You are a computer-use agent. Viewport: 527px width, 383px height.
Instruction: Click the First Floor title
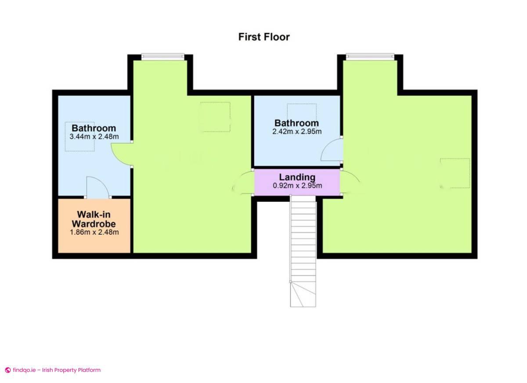point(264,37)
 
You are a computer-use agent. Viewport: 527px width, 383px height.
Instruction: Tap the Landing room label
point(297,177)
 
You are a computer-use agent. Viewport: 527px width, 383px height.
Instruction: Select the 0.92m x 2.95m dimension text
point(297,186)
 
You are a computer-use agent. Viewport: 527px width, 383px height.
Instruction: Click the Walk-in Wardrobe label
point(94,218)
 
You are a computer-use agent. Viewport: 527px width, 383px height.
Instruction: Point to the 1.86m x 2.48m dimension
point(94,232)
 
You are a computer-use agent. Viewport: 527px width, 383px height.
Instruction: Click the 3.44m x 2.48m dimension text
point(94,136)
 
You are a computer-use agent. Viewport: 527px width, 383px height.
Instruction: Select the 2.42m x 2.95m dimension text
point(297,131)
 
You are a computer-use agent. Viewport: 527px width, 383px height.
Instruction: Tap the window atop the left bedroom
point(163,56)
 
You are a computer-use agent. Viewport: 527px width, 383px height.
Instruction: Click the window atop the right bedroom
point(370,56)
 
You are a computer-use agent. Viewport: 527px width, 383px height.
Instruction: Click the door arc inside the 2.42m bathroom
point(332,150)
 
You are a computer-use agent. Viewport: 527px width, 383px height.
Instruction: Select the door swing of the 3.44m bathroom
point(121,154)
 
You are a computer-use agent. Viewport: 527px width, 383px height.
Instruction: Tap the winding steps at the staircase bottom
point(303,294)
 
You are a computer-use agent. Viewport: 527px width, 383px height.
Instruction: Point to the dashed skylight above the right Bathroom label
point(302,110)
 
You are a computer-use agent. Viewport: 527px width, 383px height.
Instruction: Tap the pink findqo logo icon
point(7,370)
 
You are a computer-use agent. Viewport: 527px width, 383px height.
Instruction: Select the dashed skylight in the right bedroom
point(455,173)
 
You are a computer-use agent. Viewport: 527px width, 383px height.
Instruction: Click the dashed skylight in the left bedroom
point(216,117)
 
